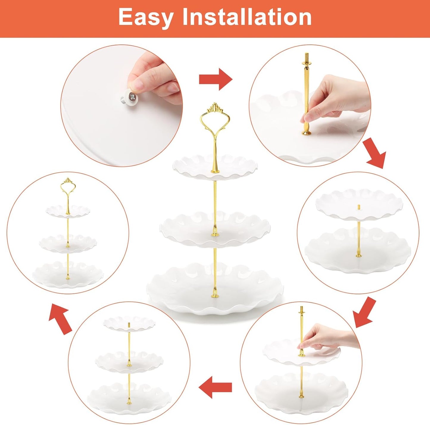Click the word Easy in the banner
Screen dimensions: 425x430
pyautogui.click(x=146, y=17)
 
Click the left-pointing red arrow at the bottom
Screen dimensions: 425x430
pyautogui.click(x=215, y=387)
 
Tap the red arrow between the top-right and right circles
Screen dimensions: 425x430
pyautogui.click(x=376, y=154)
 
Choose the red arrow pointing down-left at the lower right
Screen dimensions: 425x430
pyautogui.click(x=364, y=313)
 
